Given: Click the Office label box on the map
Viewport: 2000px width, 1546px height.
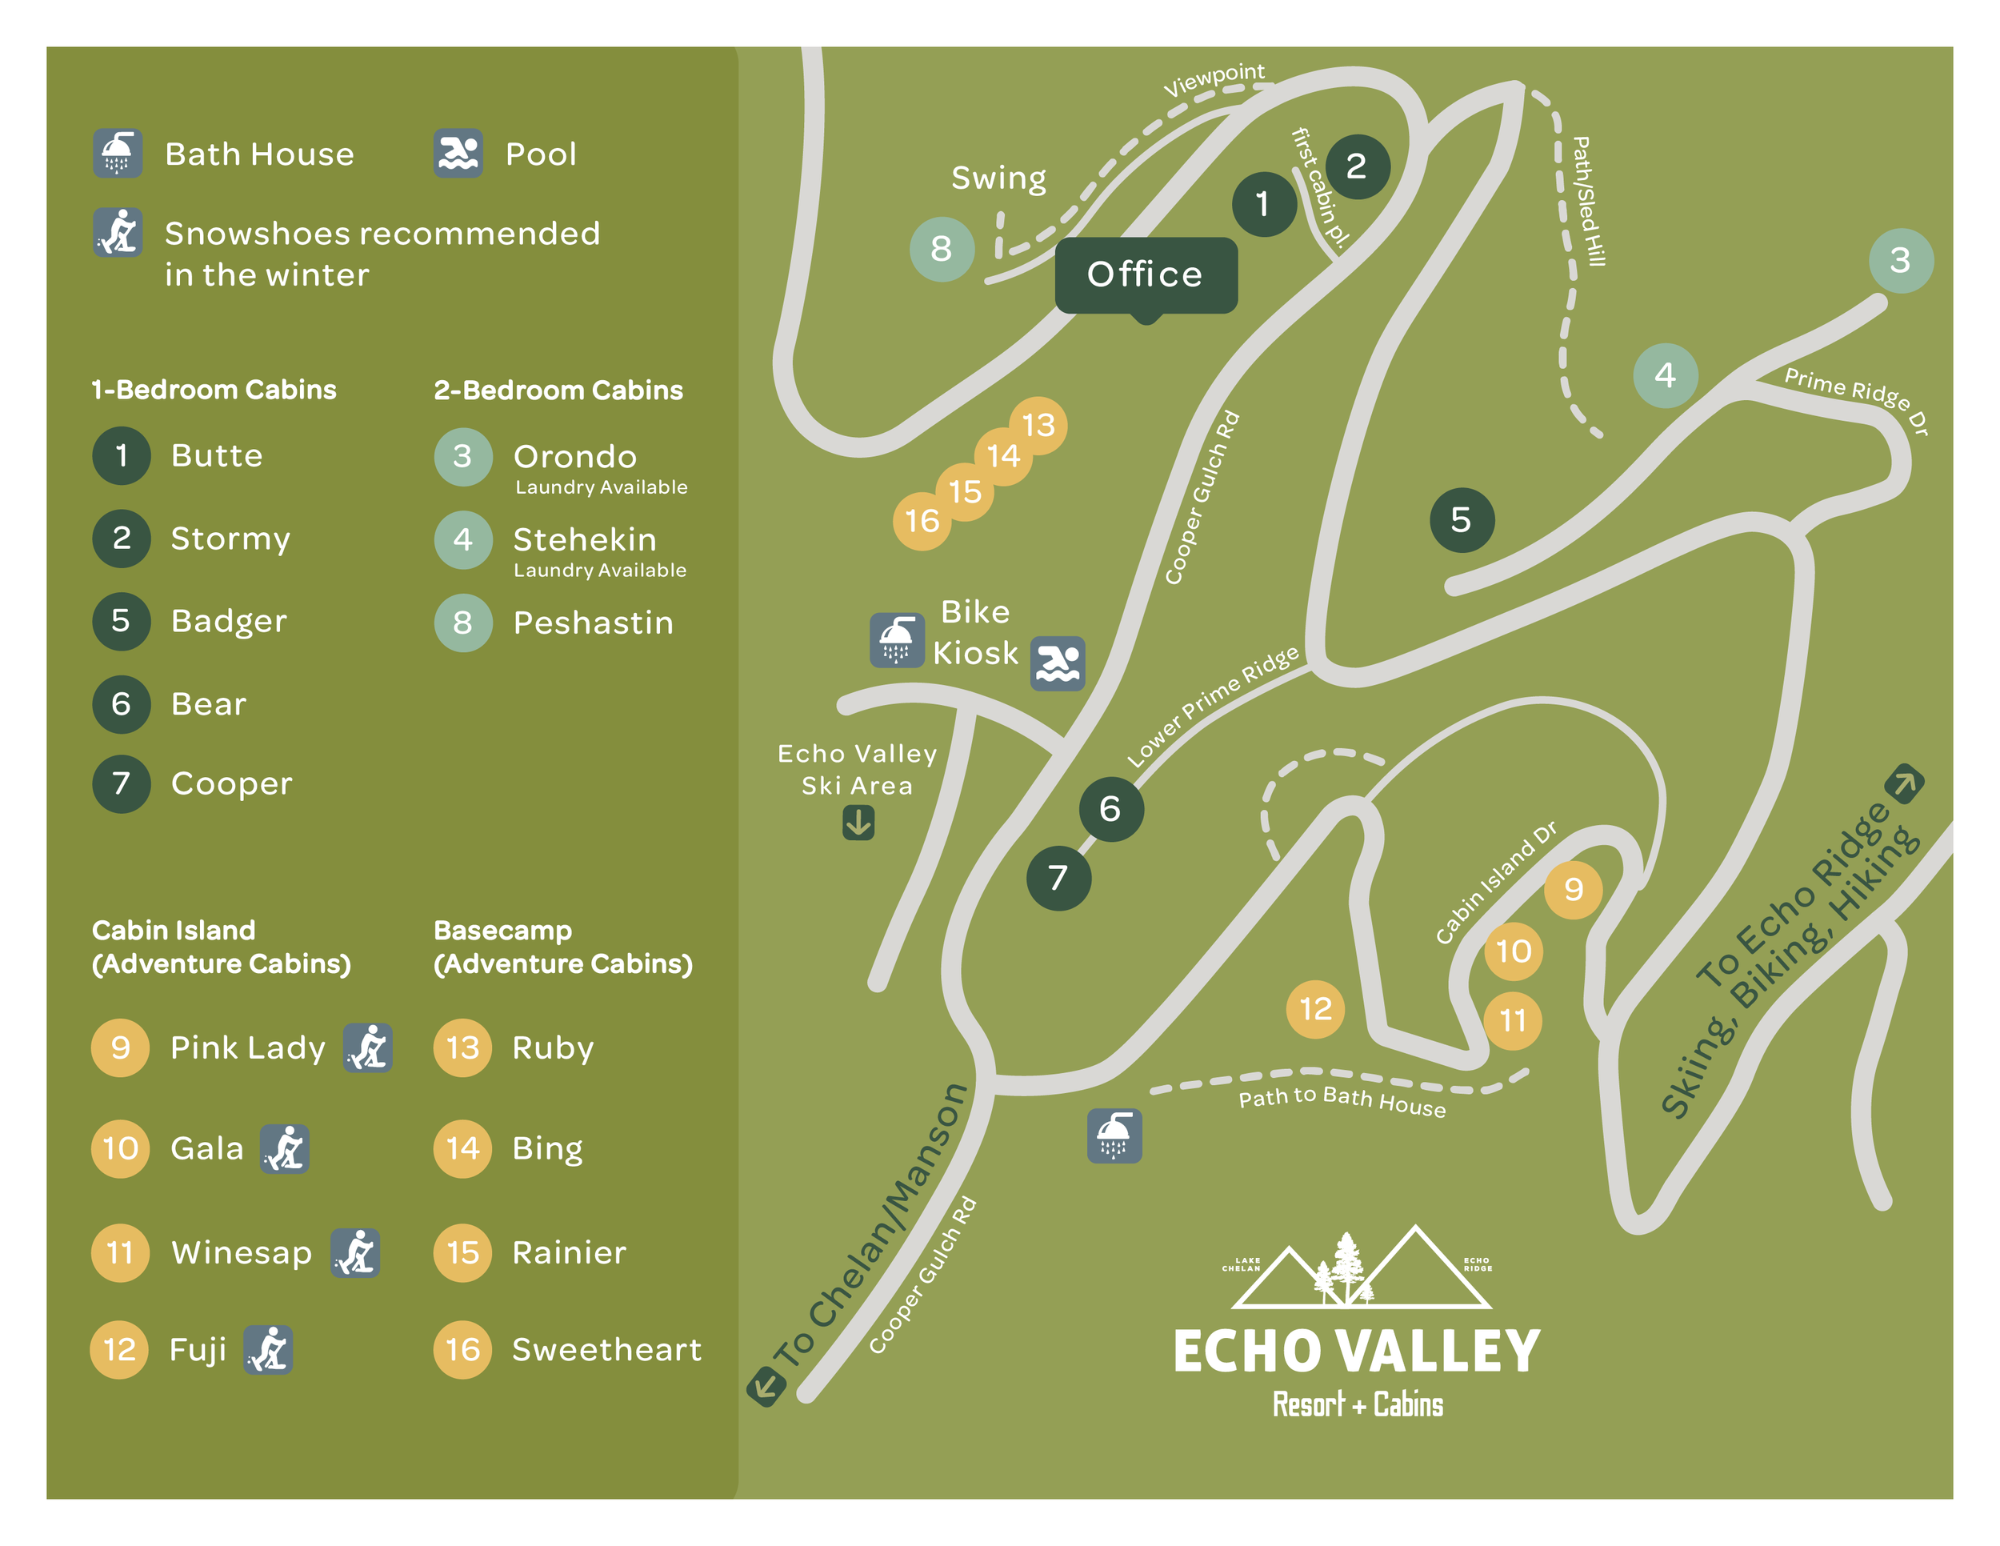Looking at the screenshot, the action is (1146, 274).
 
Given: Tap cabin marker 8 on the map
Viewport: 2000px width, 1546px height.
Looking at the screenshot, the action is (942, 249).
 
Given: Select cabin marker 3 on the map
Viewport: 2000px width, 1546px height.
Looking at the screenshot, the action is (1900, 260).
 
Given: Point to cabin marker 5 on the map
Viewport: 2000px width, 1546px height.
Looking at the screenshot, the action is (1462, 520).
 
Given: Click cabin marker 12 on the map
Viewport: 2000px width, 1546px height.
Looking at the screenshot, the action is (1316, 1009).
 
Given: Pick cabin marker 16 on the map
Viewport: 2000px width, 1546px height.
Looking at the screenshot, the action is (922, 521).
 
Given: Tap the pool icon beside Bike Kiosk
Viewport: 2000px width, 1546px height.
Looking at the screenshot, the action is (1058, 663).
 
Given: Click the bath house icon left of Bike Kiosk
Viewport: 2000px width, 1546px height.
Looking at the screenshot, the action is (897, 640).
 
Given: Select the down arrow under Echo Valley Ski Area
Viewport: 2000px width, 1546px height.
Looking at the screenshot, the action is (858, 823).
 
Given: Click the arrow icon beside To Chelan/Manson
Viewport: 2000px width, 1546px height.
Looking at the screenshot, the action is (766, 1386).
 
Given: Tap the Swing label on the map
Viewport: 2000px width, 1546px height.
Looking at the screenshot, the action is (998, 178).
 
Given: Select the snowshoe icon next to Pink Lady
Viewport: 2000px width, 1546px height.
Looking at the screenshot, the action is (368, 1047).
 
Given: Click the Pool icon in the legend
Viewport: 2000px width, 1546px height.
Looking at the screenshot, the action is (458, 154).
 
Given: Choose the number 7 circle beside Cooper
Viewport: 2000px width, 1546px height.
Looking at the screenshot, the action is (121, 784).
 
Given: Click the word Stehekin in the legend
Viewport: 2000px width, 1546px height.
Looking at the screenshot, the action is (584, 539).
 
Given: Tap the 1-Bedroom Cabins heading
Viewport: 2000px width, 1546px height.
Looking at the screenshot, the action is (214, 391).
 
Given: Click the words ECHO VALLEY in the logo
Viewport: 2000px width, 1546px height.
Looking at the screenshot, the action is (1356, 1352).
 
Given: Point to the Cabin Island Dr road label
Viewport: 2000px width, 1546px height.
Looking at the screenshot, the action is (1494, 883).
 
